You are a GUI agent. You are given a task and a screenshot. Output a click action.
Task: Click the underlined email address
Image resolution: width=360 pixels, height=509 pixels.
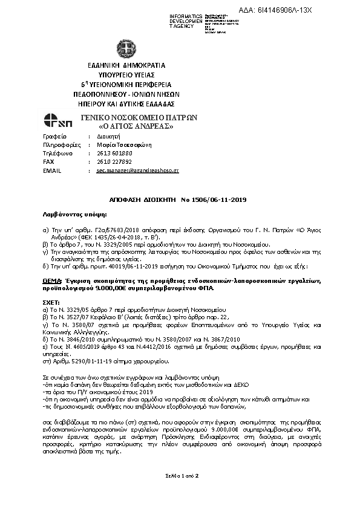[137, 171]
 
